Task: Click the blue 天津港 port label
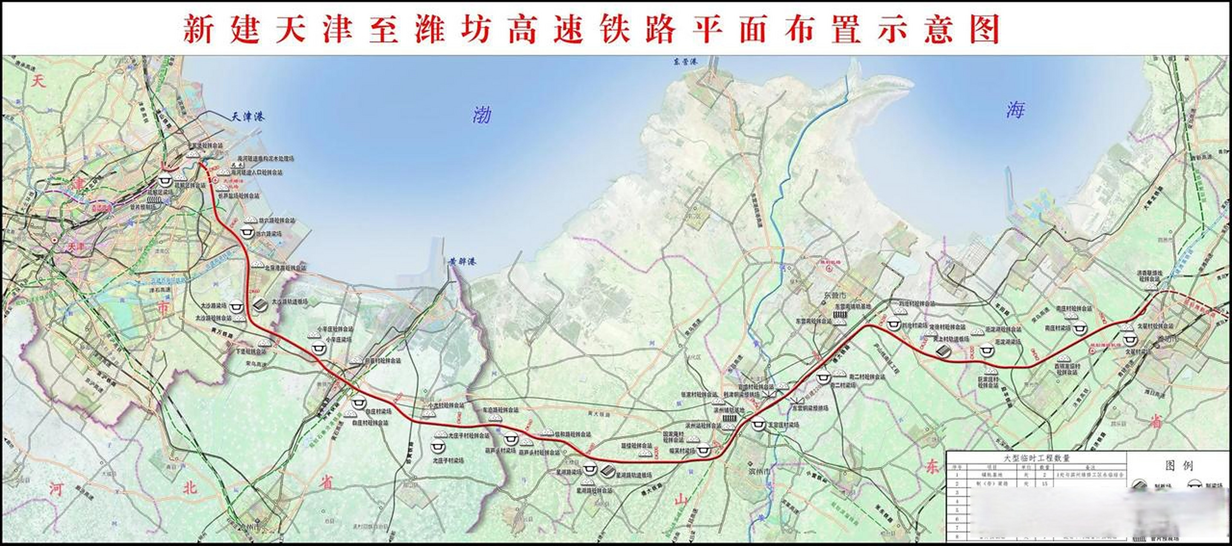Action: point(248,117)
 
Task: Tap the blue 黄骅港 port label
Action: point(462,262)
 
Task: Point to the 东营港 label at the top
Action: point(684,62)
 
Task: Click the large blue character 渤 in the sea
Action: point(482,115)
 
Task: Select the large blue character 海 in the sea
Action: point(1015,110)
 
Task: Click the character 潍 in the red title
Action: point(429,29)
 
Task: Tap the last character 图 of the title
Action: point(985,29)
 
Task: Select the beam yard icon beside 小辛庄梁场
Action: point(318,349)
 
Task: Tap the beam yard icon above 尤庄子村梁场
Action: point(438,447)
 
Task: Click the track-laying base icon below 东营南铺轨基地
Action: point(839,315)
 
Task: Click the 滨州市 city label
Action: point(757,471)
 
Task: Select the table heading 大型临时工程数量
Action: point(1036,458)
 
